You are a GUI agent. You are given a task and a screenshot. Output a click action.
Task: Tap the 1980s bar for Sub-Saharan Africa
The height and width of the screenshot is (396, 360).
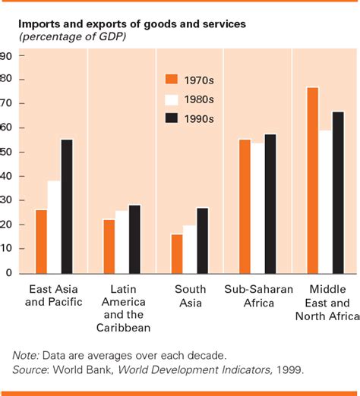257,208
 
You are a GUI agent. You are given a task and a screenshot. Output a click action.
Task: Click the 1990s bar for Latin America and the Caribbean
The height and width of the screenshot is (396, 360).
134,239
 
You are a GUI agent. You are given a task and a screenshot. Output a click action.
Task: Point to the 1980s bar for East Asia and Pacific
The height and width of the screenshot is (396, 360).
54,227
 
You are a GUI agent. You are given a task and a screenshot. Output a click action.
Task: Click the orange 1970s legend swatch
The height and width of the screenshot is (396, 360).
171,80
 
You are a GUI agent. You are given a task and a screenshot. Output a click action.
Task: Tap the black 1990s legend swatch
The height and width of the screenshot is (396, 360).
171,118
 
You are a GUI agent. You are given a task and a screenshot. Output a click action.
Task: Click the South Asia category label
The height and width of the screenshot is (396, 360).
190,296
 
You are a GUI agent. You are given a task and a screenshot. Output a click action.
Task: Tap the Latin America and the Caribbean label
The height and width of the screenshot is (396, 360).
123,308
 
